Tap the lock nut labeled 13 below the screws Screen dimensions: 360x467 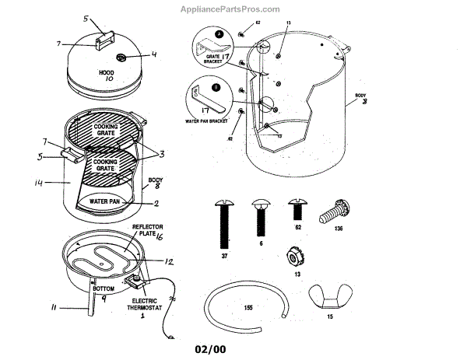click(294, 255)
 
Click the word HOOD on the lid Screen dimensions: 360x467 click(106, 72)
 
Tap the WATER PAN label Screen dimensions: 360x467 click(104, 201)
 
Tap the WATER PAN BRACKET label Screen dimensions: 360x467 click(206, 121)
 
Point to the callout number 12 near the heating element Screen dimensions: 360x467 click(167, 260)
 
